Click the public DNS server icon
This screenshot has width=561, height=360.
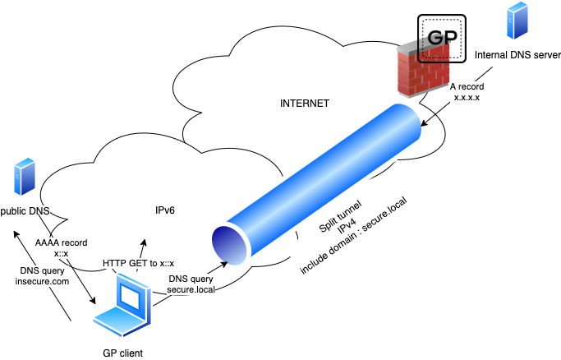24,179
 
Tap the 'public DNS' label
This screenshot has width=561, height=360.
25,211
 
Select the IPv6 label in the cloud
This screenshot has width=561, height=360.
165,210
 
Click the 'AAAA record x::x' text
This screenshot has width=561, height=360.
61,248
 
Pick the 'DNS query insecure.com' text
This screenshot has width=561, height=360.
43,275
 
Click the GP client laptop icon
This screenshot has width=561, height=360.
123,309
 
